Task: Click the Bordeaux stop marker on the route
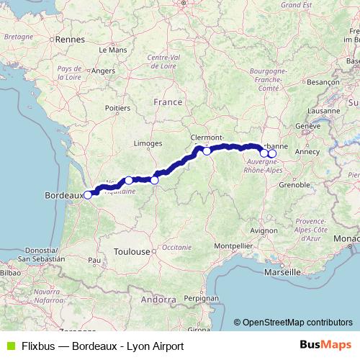88,194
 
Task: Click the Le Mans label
117,50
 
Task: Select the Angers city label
103,71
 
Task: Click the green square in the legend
9,346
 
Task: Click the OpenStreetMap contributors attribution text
297,323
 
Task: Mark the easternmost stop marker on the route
272,153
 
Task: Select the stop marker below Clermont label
207,150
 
